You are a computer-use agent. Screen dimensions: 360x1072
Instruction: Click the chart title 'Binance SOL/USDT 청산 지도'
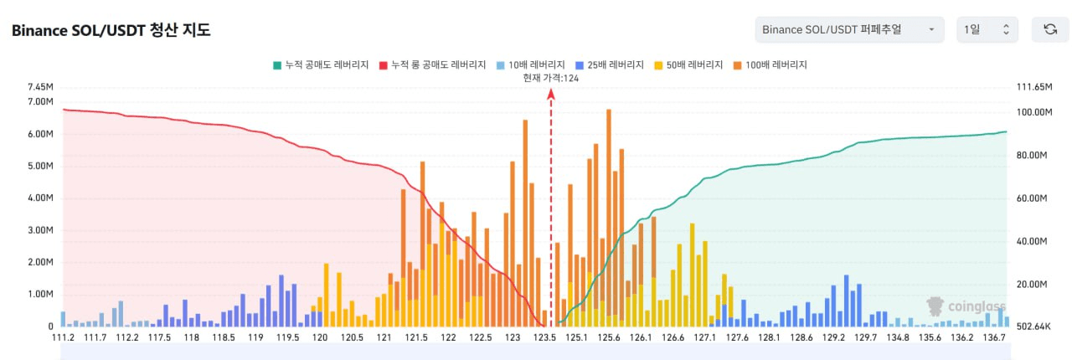click(111, 30)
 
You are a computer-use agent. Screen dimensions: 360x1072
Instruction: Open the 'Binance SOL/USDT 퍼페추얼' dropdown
click(848, 30)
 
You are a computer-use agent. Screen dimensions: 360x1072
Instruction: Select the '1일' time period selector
click(987, 30)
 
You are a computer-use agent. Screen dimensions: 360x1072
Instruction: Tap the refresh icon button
click(1049, 30)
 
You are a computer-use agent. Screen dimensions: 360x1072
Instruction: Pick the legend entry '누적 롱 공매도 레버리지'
click(432, 64)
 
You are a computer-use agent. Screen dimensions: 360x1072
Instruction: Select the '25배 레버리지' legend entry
click(610, 64)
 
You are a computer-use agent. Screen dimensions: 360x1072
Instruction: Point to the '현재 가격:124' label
click(551, 78)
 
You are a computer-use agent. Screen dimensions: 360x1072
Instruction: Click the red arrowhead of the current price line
click(551, 95)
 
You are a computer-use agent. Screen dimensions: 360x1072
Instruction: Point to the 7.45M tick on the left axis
click(40, 87)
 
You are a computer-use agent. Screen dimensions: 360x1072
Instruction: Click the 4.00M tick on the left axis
click(40, 198)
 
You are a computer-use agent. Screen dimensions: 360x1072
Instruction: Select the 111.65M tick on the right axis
click(1032, 87)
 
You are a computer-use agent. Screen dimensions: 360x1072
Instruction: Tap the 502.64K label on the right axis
click(1033, 327)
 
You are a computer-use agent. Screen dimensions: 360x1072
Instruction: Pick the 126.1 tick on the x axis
click(641, 337)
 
